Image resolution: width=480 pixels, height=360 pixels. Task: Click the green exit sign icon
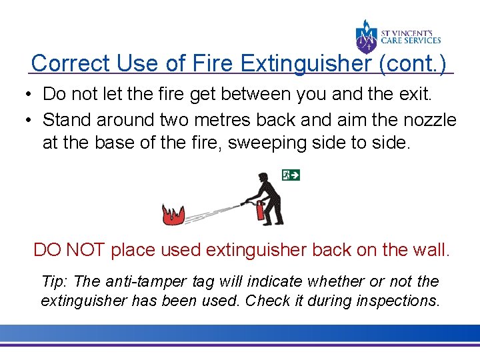point(291,175)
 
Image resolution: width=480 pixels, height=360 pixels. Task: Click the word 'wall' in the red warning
point(429,251)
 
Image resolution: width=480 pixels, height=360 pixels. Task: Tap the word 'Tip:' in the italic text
point(55,282)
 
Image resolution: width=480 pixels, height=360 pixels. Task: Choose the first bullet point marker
point(32,95)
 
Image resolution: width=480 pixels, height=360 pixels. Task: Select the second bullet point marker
point(32,120)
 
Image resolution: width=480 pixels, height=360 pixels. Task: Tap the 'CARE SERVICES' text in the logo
point(411,41)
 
